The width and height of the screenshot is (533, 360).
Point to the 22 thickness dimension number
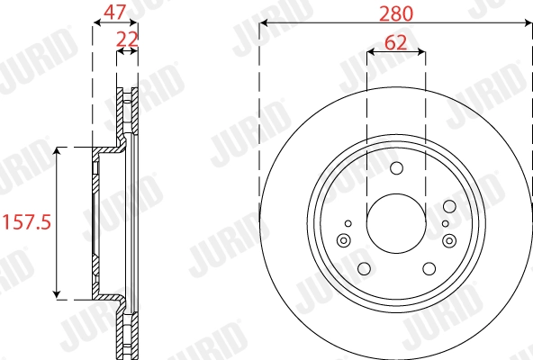[x=127, y=38]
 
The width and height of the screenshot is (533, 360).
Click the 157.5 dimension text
[x=27, y=220]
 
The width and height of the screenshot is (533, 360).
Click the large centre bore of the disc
[x=395, y=221]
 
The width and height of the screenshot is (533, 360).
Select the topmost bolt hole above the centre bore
[x=396, y=167]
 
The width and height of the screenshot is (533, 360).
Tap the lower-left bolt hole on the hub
[x=364, y=268]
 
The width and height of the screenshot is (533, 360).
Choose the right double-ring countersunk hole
[x=449, y=239]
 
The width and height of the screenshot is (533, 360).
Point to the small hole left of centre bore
[x=348, y=222]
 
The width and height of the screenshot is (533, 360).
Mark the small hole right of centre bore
[x=445, y=222]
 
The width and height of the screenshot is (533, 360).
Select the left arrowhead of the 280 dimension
[x=264, y=25]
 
